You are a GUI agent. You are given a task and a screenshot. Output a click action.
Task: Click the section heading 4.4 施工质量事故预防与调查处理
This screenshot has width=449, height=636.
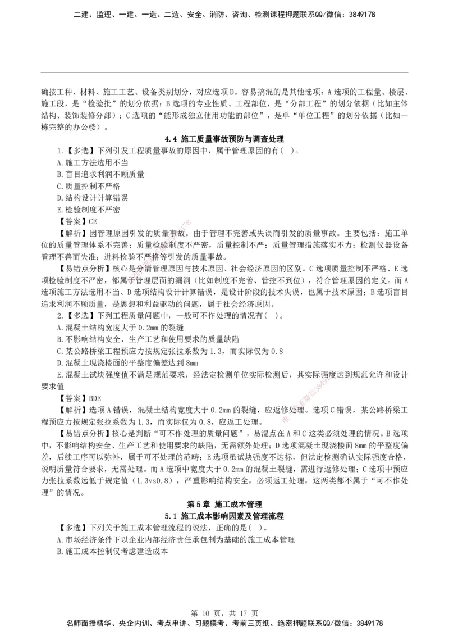[224, 138]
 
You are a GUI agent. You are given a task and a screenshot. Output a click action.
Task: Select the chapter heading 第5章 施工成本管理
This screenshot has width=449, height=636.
[224, 504]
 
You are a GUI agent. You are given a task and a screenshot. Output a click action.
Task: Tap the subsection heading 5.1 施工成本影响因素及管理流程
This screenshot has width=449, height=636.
[224, 516]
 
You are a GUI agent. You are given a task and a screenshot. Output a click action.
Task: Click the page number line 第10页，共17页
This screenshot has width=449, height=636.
[224, 612]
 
